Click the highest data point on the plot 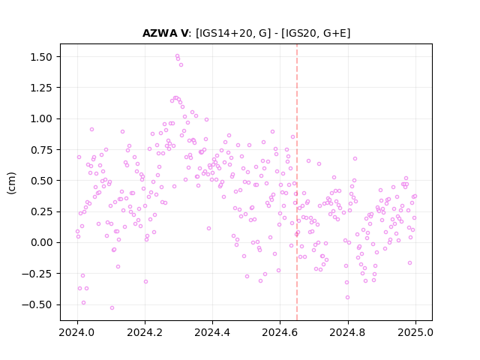click(x=177, y=56)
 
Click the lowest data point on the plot click(x=112, y=307)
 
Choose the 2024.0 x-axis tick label click(x=78, y=332)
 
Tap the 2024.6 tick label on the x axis click(x=280, y=332)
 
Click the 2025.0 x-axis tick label click(x=415, y=332)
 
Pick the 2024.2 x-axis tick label click(x=145, y=332)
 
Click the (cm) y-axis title click(x=11, y=183)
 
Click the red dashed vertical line click(x=297, y=182)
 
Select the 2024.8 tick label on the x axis click(x=347, y=332)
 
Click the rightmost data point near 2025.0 click(x=415, y=196)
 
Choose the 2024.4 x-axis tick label click(x=212, y=332)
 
